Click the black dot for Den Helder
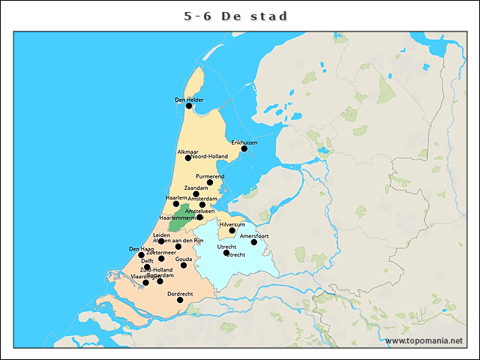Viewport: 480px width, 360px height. [x=189, y=106]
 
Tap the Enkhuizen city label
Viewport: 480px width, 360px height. [x=244, y=142]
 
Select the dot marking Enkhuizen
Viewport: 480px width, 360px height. [x=244, y=148]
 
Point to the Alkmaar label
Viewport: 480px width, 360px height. [x=187, y=151]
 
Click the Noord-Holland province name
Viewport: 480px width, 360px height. [x=210, y=157]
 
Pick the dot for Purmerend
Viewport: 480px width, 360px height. [x=210, y=182]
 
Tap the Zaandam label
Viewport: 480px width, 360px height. [x=196, y=187]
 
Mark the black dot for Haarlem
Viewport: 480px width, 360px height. [x=176, y=204]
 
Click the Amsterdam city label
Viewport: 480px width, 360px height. [x=202, y=199]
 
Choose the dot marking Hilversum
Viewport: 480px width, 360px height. [x=232, y=230]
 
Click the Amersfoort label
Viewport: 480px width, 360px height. [x=254, y=235]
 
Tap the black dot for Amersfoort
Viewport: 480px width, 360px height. [x=254, y=242]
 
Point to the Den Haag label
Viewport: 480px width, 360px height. [x=141, y=248]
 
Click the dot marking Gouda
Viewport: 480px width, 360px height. [x=184, y=265]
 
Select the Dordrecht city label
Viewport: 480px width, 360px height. [x=180, y=293]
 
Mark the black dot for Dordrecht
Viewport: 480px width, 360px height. [x=180, y=300]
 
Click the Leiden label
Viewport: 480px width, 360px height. [x=161, y=235]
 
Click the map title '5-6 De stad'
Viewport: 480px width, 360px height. [x=236, y=16]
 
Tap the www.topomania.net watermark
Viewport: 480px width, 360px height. [x=424, y=340]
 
